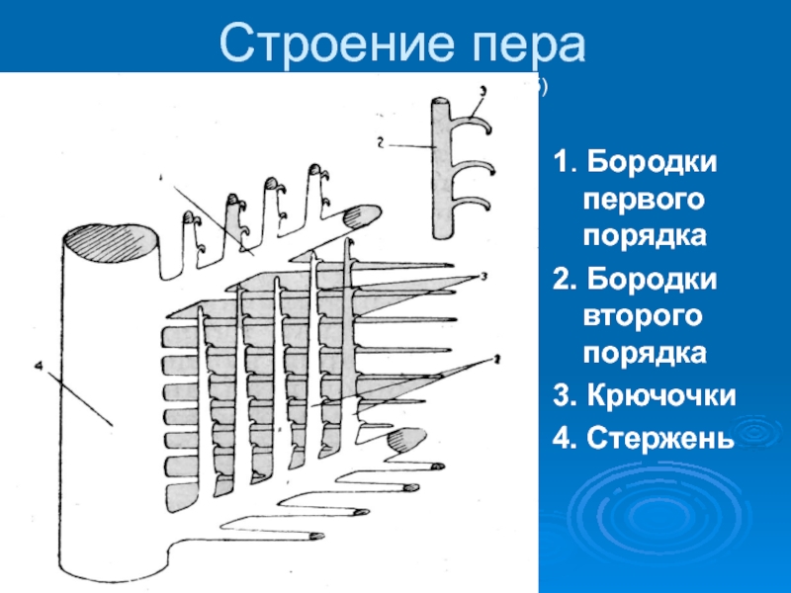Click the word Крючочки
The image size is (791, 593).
pyautogui.click(x=659, y=396)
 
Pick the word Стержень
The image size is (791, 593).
pyautogui.click(x=659, y=436)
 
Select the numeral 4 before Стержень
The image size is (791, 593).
pyautogui.click(x=561, y=436)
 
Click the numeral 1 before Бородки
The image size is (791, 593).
pyautogui.click(x=561, y=162)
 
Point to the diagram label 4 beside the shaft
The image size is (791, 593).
pyautogui.click(x=40, y=367)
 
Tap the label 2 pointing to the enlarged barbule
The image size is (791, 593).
pyautogui.click(x=380, y=141)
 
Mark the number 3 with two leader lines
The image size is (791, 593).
pyautogui.click(x=482, y=276)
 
